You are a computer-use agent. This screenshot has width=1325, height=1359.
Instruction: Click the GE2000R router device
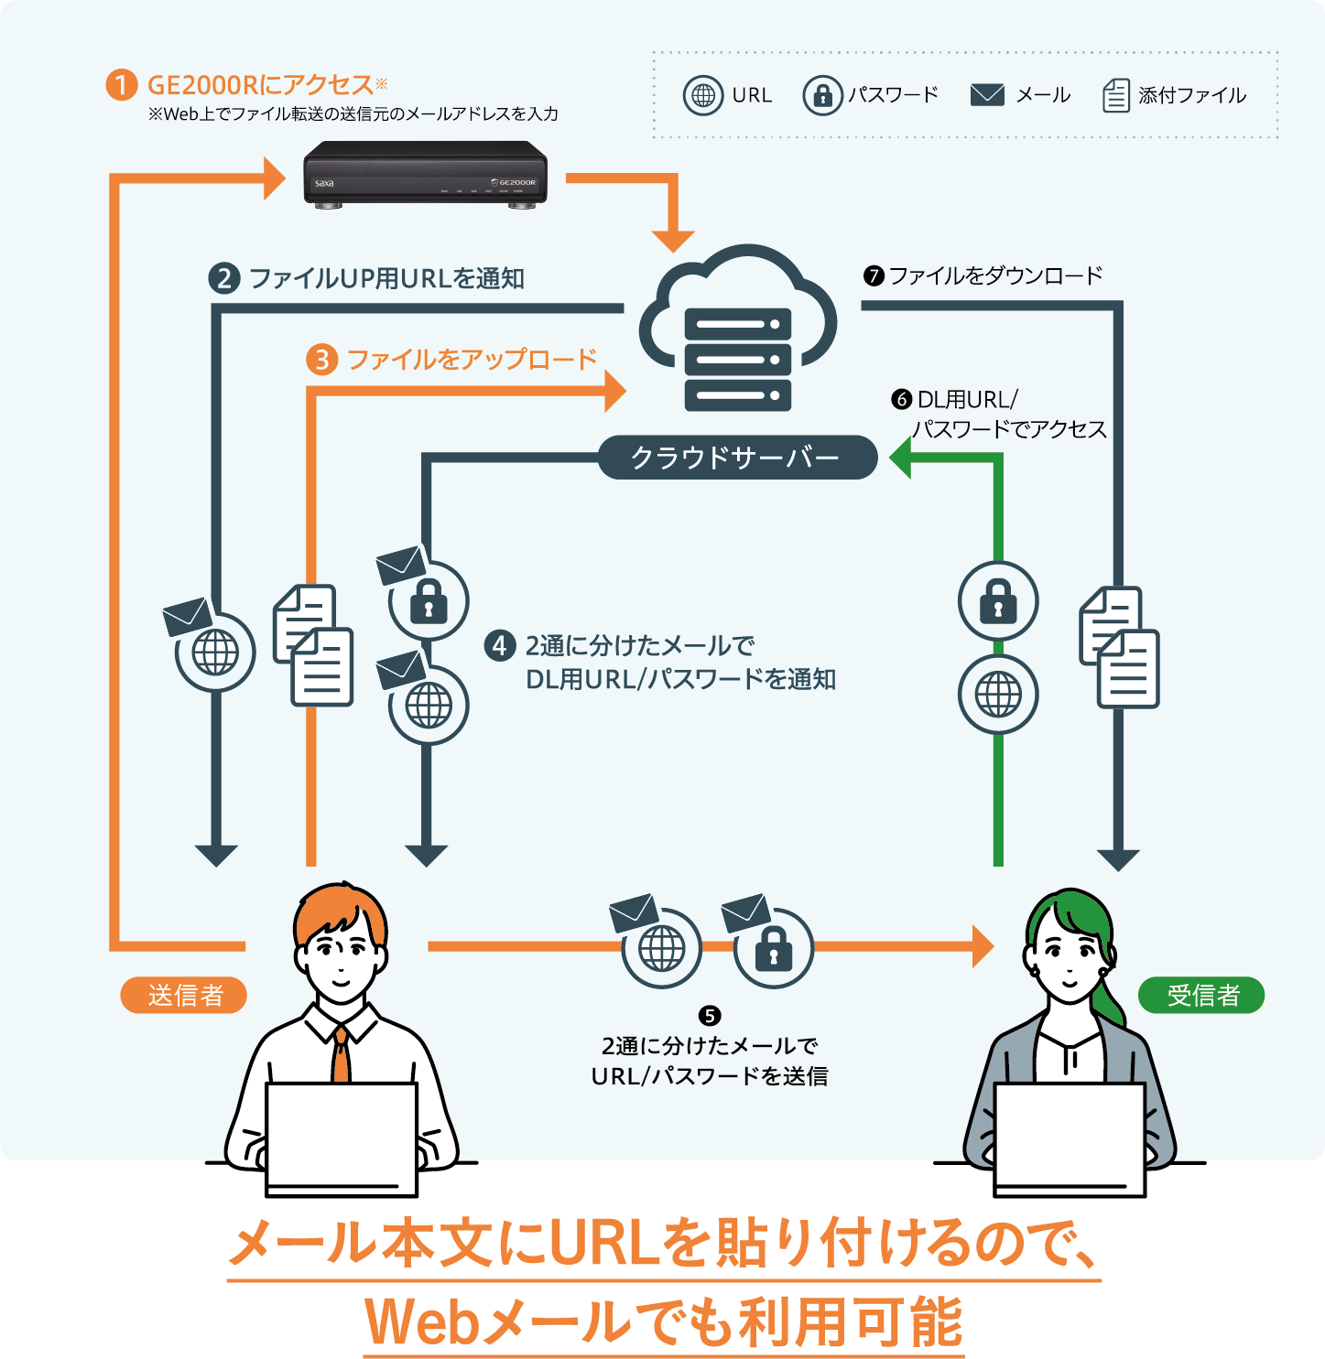(425, 174)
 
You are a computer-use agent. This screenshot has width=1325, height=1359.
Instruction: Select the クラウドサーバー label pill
(737, 458)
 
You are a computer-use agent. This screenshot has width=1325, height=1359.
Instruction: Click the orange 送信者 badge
(184, 995)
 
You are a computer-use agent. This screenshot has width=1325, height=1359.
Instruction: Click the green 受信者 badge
(1200, 995)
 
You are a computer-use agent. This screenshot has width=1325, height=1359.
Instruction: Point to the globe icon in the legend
(703, 95)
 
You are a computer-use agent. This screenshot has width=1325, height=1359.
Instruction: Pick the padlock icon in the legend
(822, 95)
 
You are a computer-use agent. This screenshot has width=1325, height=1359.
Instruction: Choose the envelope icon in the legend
(987, 95)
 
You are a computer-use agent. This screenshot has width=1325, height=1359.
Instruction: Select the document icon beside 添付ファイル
(1115, 95)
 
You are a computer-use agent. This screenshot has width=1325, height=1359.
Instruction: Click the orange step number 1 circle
(121, 85)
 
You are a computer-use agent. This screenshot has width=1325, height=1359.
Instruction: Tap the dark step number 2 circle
(224, 278)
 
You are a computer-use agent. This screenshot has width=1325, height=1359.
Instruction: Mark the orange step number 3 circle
(321, 360)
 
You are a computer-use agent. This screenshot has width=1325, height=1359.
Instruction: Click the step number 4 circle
(499, 646)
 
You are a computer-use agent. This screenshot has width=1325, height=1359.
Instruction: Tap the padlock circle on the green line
(998, 601)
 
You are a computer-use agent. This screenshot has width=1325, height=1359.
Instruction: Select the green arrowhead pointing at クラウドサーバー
(900, 458)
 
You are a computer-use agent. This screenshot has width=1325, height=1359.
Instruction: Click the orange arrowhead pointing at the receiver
(983, 946)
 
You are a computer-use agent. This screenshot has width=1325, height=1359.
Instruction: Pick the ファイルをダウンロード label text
(995, 275)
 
